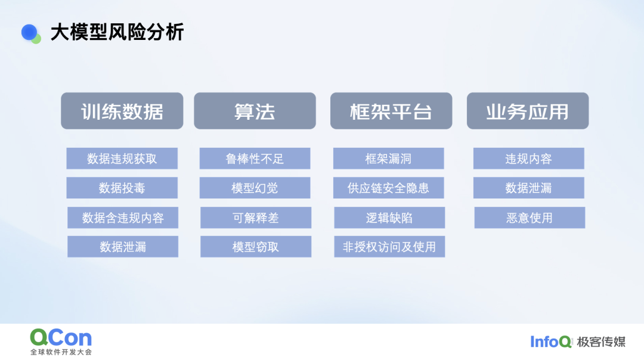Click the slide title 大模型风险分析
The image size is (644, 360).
(117, 32)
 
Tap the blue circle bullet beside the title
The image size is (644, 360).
(29, 32)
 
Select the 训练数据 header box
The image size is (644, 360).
(122, 111)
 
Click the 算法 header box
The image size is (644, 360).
(255, 111)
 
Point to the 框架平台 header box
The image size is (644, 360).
(391, 111)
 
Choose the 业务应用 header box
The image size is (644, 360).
(527, 111)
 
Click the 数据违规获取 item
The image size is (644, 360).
(122, 159)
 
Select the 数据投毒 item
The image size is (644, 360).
(122, 188)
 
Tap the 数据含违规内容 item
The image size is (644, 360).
(123, 218)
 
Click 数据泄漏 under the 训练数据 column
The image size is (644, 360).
(123, 247)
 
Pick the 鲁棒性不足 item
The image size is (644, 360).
(255, 159)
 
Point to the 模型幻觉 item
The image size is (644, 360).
(255, 188)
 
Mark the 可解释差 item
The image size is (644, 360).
(255, 218)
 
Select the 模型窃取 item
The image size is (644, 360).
(255, 247)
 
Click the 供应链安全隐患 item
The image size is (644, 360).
(388, 188)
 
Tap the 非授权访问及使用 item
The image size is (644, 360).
(389, 247)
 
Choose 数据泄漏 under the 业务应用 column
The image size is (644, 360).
(528, 188)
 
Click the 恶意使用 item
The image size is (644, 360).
(530, 218)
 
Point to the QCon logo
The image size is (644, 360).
(61, 342)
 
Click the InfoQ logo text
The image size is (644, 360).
(551, 342)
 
